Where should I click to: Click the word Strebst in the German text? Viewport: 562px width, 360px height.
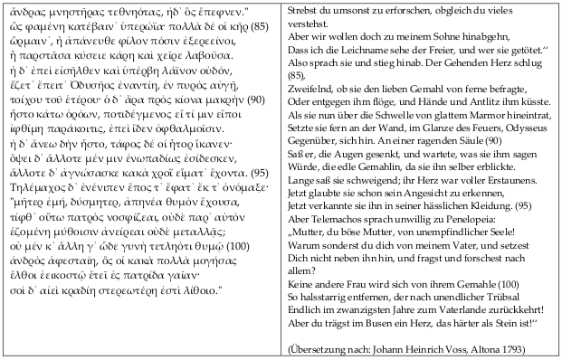[x=302, y=10]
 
